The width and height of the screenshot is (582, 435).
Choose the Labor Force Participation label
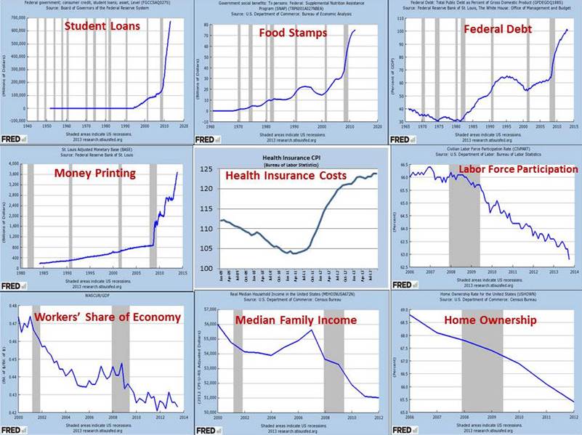click(x=517, y=169)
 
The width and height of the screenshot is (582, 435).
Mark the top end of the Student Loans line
click(x=170, y=21)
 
